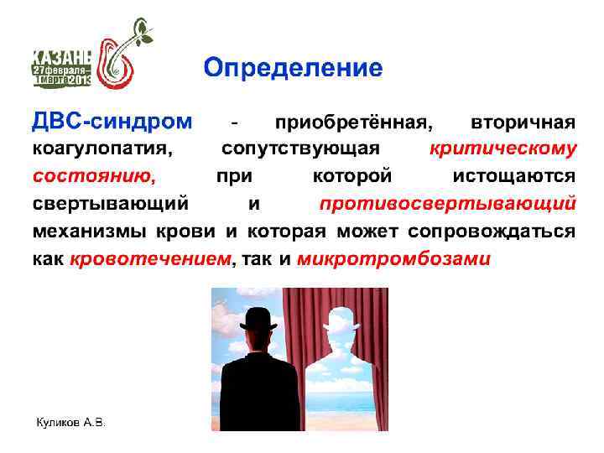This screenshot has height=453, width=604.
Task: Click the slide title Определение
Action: pos(293,67)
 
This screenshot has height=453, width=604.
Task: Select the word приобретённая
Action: pos(354,123)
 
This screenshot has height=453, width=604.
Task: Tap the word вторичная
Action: pos(523,123)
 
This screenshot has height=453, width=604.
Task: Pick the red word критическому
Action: pos(502,150)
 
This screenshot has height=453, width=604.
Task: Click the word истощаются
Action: pos(514,177)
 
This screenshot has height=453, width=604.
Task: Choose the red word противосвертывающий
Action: pos(447,204)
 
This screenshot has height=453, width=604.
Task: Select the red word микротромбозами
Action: pos(392,258)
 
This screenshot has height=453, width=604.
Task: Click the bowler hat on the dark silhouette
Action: pos(258,319)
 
